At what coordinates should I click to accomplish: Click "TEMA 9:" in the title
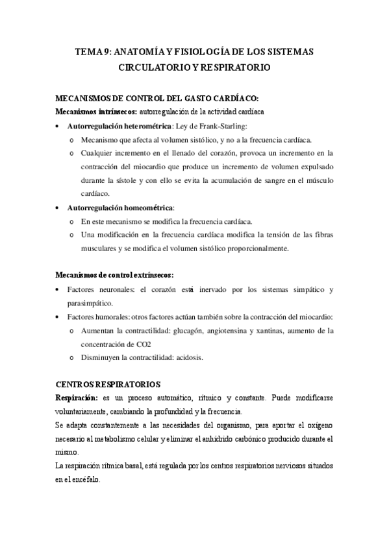pos(94,53)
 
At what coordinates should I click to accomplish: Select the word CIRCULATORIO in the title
pos(152,67)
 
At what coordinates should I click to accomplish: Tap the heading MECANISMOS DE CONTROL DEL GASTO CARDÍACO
pos(158,98)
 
